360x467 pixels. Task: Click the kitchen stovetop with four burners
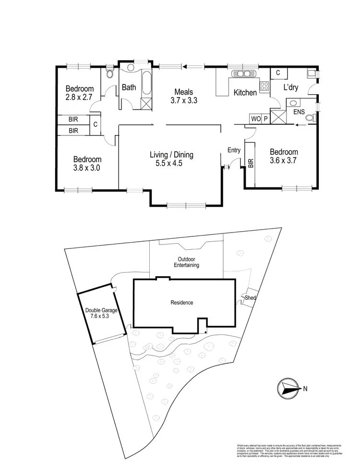click(x=264, y=86)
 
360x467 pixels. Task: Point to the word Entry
click(x=234, y=150)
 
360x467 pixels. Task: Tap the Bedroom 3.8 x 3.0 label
click(x=87, y=164)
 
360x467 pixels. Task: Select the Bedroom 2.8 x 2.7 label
click(x=80, y=93)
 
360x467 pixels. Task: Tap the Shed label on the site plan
click(x=250, y=298)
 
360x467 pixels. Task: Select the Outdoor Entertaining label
click(x=186, y=262)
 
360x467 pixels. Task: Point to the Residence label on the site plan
click(x=182, y=303)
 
